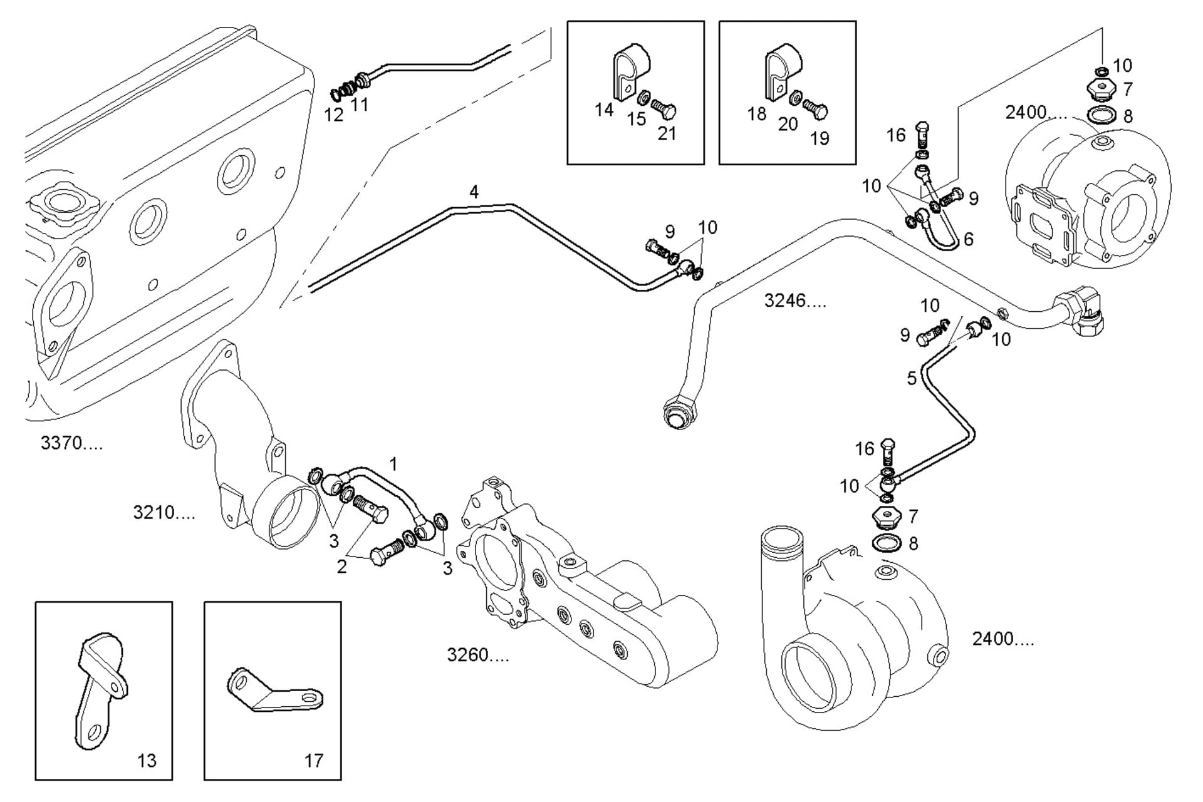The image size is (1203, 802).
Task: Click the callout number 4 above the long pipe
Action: click(474, 192)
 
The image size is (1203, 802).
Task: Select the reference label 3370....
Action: click(71, 443)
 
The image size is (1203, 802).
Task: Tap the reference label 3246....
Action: click(794, 301)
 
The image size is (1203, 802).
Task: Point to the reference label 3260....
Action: click(477, 655)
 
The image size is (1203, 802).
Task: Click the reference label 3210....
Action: click(164, 513)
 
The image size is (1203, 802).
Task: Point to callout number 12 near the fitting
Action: click(333, 115)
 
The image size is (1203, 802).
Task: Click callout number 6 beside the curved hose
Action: click(969, 239)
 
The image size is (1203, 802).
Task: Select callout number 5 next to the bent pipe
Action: click(912, 378)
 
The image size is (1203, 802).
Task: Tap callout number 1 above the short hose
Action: click(393, 464)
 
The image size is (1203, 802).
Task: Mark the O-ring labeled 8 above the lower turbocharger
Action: click(887, 543)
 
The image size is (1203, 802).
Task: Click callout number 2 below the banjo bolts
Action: click(341, 567)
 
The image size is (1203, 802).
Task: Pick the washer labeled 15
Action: click(643, 98)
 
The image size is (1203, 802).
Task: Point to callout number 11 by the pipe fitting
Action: click(359, 104)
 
